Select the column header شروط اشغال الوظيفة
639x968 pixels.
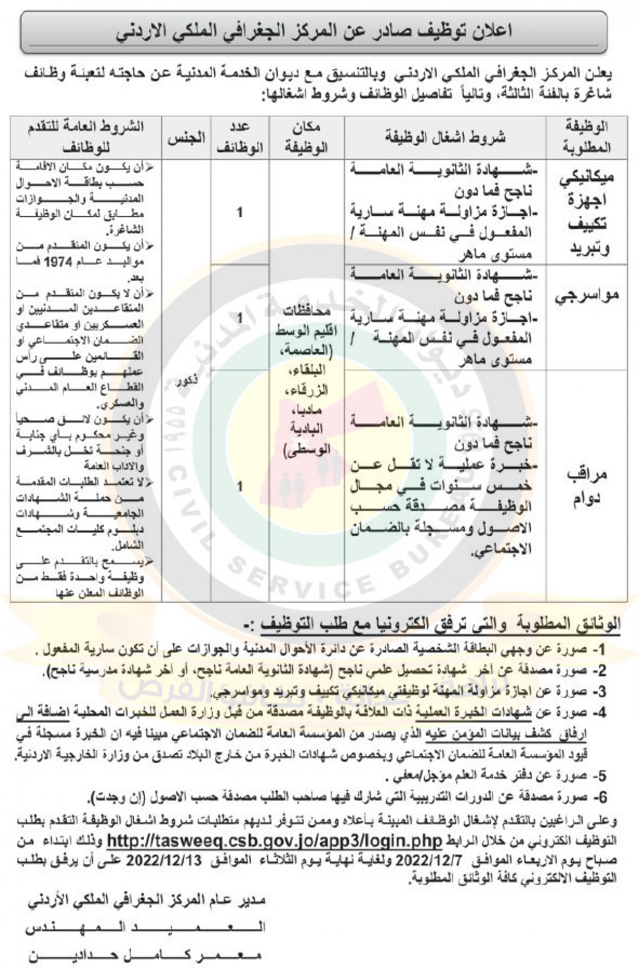pos(445,137)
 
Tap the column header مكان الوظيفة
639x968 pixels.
pos(306,137)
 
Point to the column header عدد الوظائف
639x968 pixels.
pos(240,137)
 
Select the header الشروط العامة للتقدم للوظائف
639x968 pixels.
pos(85,137)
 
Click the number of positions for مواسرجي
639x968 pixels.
pos(240,318)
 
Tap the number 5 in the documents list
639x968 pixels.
pos(601,775)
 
